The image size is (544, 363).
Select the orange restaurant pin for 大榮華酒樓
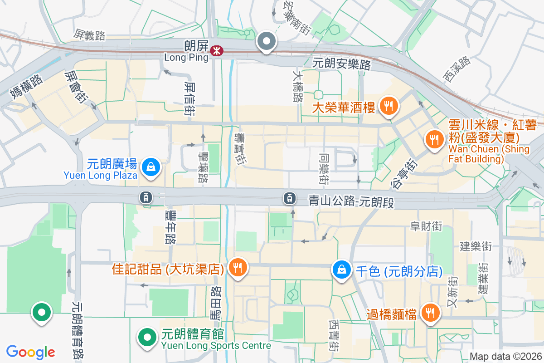tap(388, 106)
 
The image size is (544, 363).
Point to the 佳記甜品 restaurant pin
tap(237, 266)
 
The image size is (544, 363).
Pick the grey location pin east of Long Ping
tap(267, 42)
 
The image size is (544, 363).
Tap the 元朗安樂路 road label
tap(342, 64)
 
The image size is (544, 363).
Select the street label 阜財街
tap(426, 226)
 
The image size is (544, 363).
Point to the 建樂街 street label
tap(476, 247)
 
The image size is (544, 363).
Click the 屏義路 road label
tap(90, 34)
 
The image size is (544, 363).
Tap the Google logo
tap(31, 352)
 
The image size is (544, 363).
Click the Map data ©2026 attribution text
tap(505, 357)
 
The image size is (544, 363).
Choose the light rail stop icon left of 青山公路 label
tap(289, 198)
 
